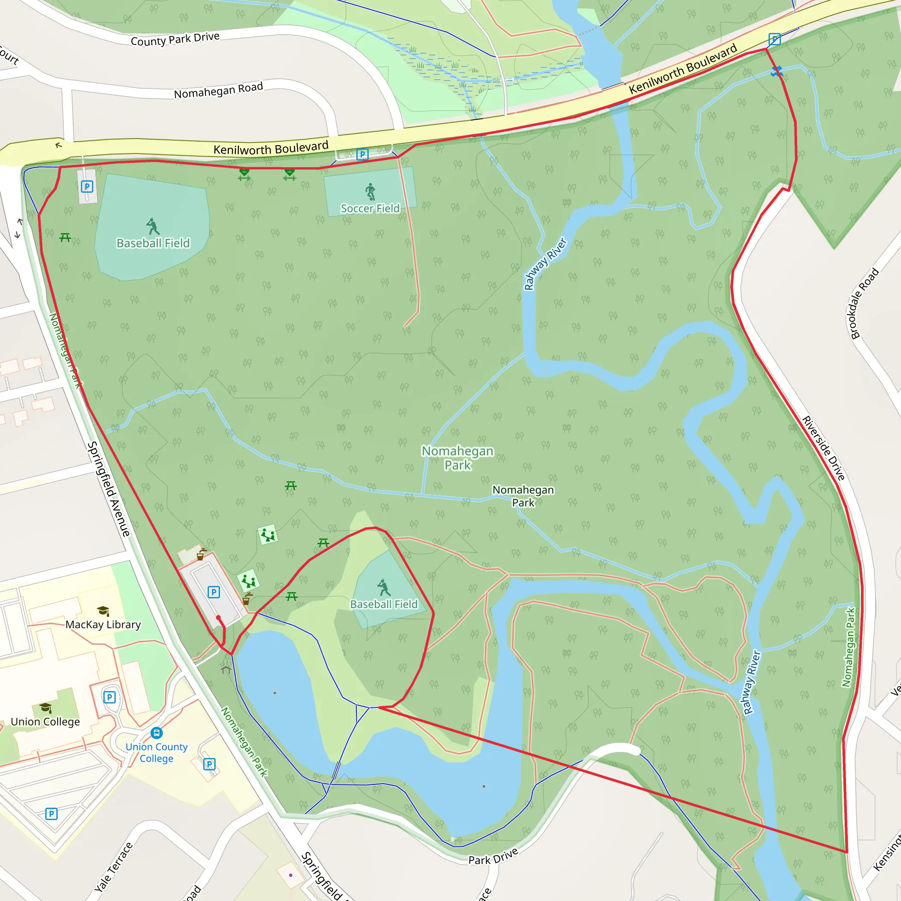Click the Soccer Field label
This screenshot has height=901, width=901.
[370, 209]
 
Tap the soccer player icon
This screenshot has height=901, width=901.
[370, 191]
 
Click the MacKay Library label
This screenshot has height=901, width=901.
[103, 624]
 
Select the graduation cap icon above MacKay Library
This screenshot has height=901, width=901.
[103, 611]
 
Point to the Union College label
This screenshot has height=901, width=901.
[45, 722]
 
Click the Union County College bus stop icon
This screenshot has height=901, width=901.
[156, 733]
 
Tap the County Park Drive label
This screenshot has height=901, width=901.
[175, 39]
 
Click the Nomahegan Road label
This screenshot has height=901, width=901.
[218, 91]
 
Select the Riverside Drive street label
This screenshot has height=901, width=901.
[823, 448]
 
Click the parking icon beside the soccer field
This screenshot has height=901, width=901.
[363, 154]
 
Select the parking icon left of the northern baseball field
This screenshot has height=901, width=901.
[87, 187]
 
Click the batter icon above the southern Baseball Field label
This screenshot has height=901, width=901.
[384, 588]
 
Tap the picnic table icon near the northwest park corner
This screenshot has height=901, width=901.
[65, 238]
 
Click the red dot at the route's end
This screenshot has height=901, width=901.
[218, 617]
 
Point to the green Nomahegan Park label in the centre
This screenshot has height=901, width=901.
[458, 458]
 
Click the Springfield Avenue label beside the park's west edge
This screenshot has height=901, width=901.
[109, 489]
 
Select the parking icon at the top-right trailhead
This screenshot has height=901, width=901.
[775, 39]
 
